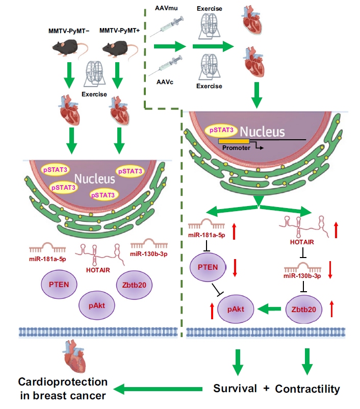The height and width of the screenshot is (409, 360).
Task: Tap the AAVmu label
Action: pyautogui.click(x=166, y=8)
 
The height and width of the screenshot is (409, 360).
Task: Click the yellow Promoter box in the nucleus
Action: pyautogui.click(x=234, y=141)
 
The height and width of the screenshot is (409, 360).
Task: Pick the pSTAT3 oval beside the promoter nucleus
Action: pyautogui.click(x=221, y=130)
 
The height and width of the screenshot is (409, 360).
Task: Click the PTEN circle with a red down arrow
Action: pyautogui.click(x=208, y=267)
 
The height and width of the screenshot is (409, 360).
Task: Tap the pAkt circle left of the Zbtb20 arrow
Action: pyautogui.click(x=236, y=309)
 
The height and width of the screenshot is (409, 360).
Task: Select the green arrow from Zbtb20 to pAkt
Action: pyautogui.click(x=269, y=309)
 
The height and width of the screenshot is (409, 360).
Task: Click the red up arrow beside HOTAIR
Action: pyautogui.click(x=336, y=230)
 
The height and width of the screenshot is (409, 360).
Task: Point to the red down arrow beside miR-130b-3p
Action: pyautogui.click(x=330, y=270)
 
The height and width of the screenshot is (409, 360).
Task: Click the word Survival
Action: pyautogui.click(x=235, y=389)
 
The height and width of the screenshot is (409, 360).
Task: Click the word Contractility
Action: pyautogui.click(x=307, y=389)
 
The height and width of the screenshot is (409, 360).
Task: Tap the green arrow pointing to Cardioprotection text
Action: pyautogui.click(x=158, y=389)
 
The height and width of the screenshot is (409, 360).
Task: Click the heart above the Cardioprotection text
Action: pyautogui.click(x=74, y=356)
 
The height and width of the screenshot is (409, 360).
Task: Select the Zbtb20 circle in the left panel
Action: pyautogui.click(x=134, y=285)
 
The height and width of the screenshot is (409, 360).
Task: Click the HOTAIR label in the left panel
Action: pyautogui.click(x=98, y=270)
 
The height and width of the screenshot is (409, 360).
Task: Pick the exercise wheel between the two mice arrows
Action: pyautogui.click(x=94, y=74)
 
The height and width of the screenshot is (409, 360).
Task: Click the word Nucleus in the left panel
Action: pyautogui.click(x=95, y=179)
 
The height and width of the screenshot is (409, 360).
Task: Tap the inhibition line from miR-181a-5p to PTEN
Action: pyautogui.click(x=207, y=246)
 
